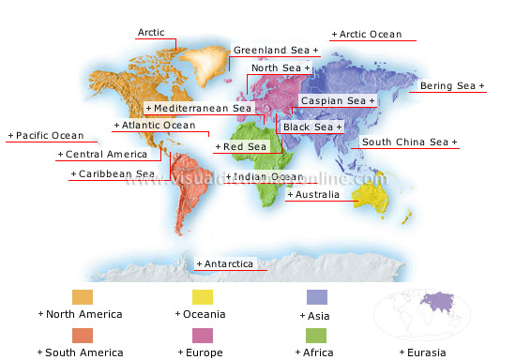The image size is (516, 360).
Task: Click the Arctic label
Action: [x=151, y=33]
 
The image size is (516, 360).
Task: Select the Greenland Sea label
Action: [x=276, y=50]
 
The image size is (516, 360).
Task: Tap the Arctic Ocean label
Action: [x=370, y=35]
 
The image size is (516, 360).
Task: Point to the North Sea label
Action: [x=281, y=68]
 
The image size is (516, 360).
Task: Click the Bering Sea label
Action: [x=452, y=86]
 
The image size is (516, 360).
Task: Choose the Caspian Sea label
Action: [x=337, y=100]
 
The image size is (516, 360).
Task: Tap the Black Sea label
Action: [x=312, y=127]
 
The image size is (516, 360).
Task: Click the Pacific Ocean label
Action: [x=49, y=136]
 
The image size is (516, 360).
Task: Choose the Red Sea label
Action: [x=242, y=147]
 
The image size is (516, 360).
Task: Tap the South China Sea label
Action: [x=409, y=142]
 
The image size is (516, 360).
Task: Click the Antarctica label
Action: [x=226, y=264]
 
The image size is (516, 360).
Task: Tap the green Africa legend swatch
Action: [x=316, y=335]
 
